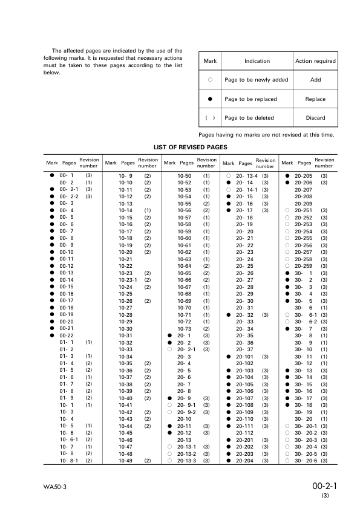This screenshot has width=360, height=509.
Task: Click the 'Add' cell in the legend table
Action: (x=315, y=80)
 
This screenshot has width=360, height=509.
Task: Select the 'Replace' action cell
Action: (x=315, y=99)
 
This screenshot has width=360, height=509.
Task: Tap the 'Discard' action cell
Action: (x=315, y=118)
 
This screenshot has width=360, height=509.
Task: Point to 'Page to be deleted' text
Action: (x=249, y=118)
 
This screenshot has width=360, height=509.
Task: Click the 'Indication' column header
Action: (x=257, y=61)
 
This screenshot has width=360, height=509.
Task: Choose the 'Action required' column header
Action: (x=315, y=61)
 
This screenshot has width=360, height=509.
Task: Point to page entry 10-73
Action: (x=185, y=328)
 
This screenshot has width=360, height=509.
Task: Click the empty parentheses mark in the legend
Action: (x=210, y=118)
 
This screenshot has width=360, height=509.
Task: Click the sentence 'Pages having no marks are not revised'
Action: (x=266, y=134)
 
